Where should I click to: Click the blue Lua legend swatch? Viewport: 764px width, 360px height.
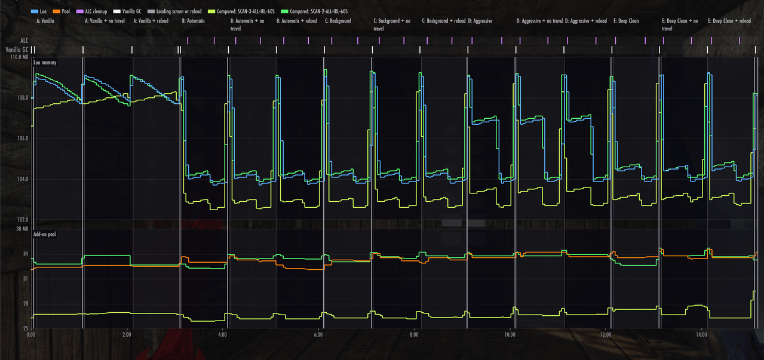[35, 11]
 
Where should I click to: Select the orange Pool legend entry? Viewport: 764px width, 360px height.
[62, 11]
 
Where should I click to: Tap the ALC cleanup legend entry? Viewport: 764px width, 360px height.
[91, 11]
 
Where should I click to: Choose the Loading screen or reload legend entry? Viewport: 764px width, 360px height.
[174, 11]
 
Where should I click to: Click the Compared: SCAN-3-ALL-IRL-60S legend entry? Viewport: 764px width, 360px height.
[241, 11]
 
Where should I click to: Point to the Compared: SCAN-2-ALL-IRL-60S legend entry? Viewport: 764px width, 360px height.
[314, 11]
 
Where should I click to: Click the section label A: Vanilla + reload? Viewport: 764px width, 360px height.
[151, 21]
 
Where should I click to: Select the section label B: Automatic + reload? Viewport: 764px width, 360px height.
[296, 21]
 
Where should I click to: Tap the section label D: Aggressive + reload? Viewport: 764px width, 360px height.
[585, 21]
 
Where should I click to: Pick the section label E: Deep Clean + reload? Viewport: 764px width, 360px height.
[729, 21]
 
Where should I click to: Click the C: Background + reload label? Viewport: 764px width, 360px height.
[443, 21]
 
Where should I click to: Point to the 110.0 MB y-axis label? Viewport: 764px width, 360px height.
[19, 57]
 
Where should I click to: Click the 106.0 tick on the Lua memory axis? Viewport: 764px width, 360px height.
[23, 139]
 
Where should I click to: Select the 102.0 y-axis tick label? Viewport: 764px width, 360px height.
[23, 220]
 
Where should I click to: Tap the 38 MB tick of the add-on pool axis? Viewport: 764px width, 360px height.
[22, 229]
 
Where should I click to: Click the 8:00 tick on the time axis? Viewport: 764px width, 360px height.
[414, 335]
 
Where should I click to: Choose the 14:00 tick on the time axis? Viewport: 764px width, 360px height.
[701, 335]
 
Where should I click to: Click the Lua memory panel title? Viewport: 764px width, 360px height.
[45, 63]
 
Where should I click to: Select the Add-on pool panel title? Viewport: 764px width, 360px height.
[44, 234]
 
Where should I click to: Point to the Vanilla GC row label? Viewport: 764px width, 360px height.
[17, 50]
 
